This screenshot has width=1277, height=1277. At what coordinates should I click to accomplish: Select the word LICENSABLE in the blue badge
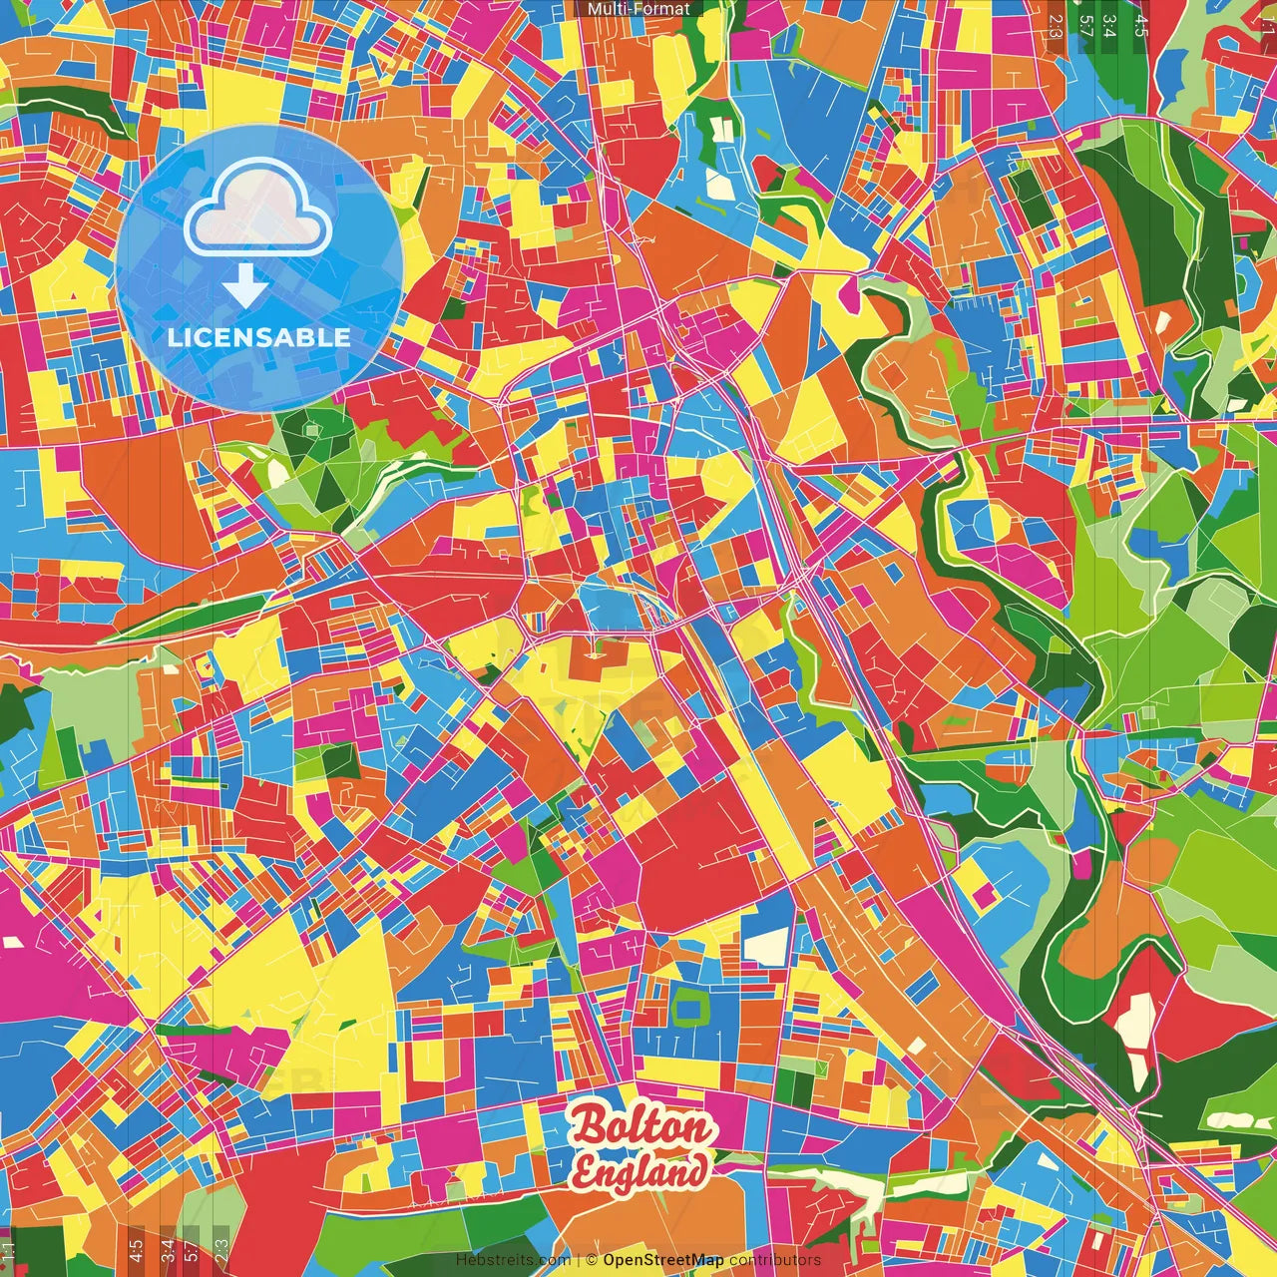click(x=259, y=337)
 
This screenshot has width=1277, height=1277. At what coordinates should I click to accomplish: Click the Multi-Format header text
click(x=638, y=9)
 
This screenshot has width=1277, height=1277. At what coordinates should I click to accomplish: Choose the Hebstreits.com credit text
click(x=513, y=1260)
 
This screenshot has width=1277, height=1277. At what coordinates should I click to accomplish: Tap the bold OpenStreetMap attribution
click(x=663, y=1260)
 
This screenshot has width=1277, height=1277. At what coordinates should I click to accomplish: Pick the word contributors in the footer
click(x=775, y=1260)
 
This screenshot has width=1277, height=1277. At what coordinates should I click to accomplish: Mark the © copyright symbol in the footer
click(x=592, y=1260)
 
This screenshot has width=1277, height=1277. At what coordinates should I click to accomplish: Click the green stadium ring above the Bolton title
click(x=688, y=1008)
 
